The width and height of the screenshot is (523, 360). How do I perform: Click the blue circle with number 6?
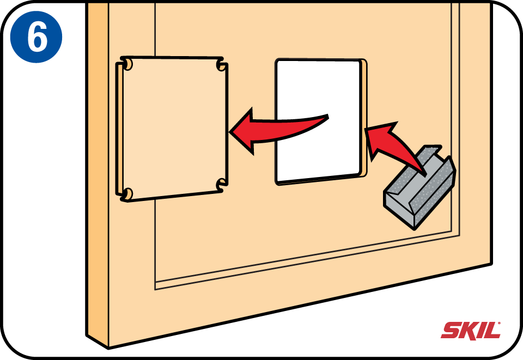coord(36,37)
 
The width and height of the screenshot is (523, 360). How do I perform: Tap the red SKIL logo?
coord(471,331)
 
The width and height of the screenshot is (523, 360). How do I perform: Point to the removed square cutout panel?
coord(172,129)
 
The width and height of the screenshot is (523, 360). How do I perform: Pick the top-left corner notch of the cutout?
coord(127,64)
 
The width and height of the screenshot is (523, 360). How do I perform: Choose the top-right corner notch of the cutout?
coord(222,65)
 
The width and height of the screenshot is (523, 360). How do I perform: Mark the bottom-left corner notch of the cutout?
coord(127,194)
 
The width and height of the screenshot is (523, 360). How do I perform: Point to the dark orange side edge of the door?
coord(98,173)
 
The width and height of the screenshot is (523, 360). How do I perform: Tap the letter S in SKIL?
coord(451,331)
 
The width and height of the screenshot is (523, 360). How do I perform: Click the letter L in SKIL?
coord(493,331)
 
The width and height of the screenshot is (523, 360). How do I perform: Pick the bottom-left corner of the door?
coord(108,349)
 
